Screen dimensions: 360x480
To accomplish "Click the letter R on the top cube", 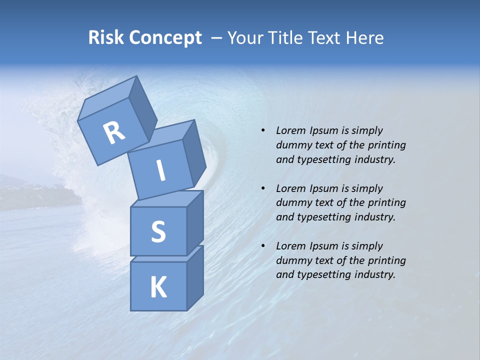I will pyautogui.click(x=114, y=132).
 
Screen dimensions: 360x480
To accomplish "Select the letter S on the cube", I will pyautogui.click(x=158, y=231).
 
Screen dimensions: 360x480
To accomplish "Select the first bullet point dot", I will pyautogui.click(x=262, y=131).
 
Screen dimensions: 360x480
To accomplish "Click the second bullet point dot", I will pyautogui.click(x=262, y=188).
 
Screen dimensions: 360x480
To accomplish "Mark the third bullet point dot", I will pyautogui.click(x=262, y=246).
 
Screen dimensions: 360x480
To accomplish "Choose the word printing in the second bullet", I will pyautogui.click(x=386, y=202).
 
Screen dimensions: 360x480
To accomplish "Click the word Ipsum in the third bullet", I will pyautogui.click(x=324, y=246).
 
